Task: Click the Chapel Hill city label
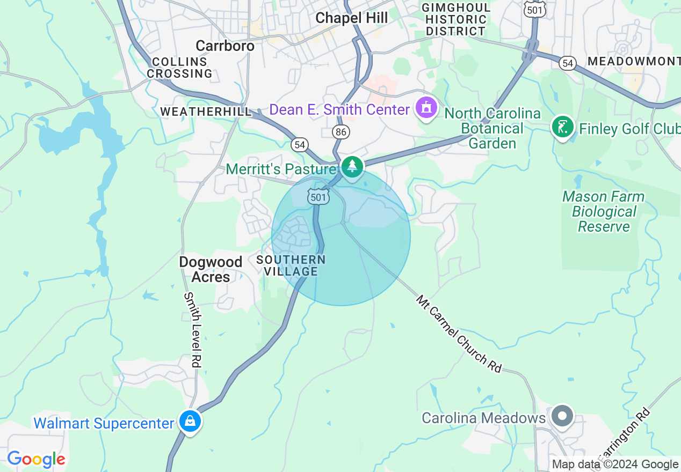pyautogui.click(x=351, y=18)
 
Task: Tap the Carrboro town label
pyautogui.click(x=224, y=46)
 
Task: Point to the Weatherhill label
pyautogui.click(x=206, y=112)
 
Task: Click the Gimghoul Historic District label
pyautogui.click(x=456, y=19)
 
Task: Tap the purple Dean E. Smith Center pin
pyautogui.click(x=426, y=108)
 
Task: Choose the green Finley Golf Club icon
pyautogui.click(x=562, y=128)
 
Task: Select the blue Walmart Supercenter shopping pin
pyautogui.click(x=190, y=422)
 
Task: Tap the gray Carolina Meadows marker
pyautogui.click(x=562, y=416)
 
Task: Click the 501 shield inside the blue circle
pyautogui.click(x=318, y=197)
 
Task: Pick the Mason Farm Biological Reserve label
pyautogui.click(x=604, y=212)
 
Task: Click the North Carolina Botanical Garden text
pyautogui.click(x=492, y=129)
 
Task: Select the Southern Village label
pyautogui.click(x=291, y=265)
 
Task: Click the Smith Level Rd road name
pyautogui.click(x=192, y=330)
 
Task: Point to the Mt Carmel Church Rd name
pyautogui.click(x=458, y=334)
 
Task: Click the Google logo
pyautogui.click(x=37, y=459)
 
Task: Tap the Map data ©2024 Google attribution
pyautogui.click(x=615, y=464)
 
